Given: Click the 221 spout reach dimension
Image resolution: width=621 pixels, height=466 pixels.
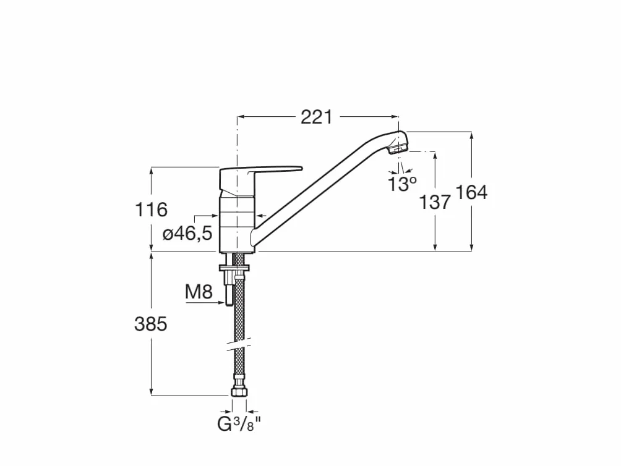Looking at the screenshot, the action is pos(317,117).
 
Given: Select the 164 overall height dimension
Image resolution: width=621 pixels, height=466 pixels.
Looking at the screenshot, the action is pos(471,192).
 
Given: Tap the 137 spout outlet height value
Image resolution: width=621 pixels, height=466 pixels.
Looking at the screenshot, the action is pos(435,202).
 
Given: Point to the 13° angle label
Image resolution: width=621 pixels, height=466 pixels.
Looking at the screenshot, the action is pos(402,184).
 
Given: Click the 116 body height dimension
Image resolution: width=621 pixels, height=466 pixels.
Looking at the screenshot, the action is pos(152,210).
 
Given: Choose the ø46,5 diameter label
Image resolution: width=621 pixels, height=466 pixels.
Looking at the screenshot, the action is pos(187,234).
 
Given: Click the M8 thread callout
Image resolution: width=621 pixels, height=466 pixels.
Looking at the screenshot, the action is pos(199,292).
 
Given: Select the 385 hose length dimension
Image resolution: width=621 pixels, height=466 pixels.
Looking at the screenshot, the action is pos(151,324).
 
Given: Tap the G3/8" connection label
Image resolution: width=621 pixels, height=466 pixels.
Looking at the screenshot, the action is pos(239,425).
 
